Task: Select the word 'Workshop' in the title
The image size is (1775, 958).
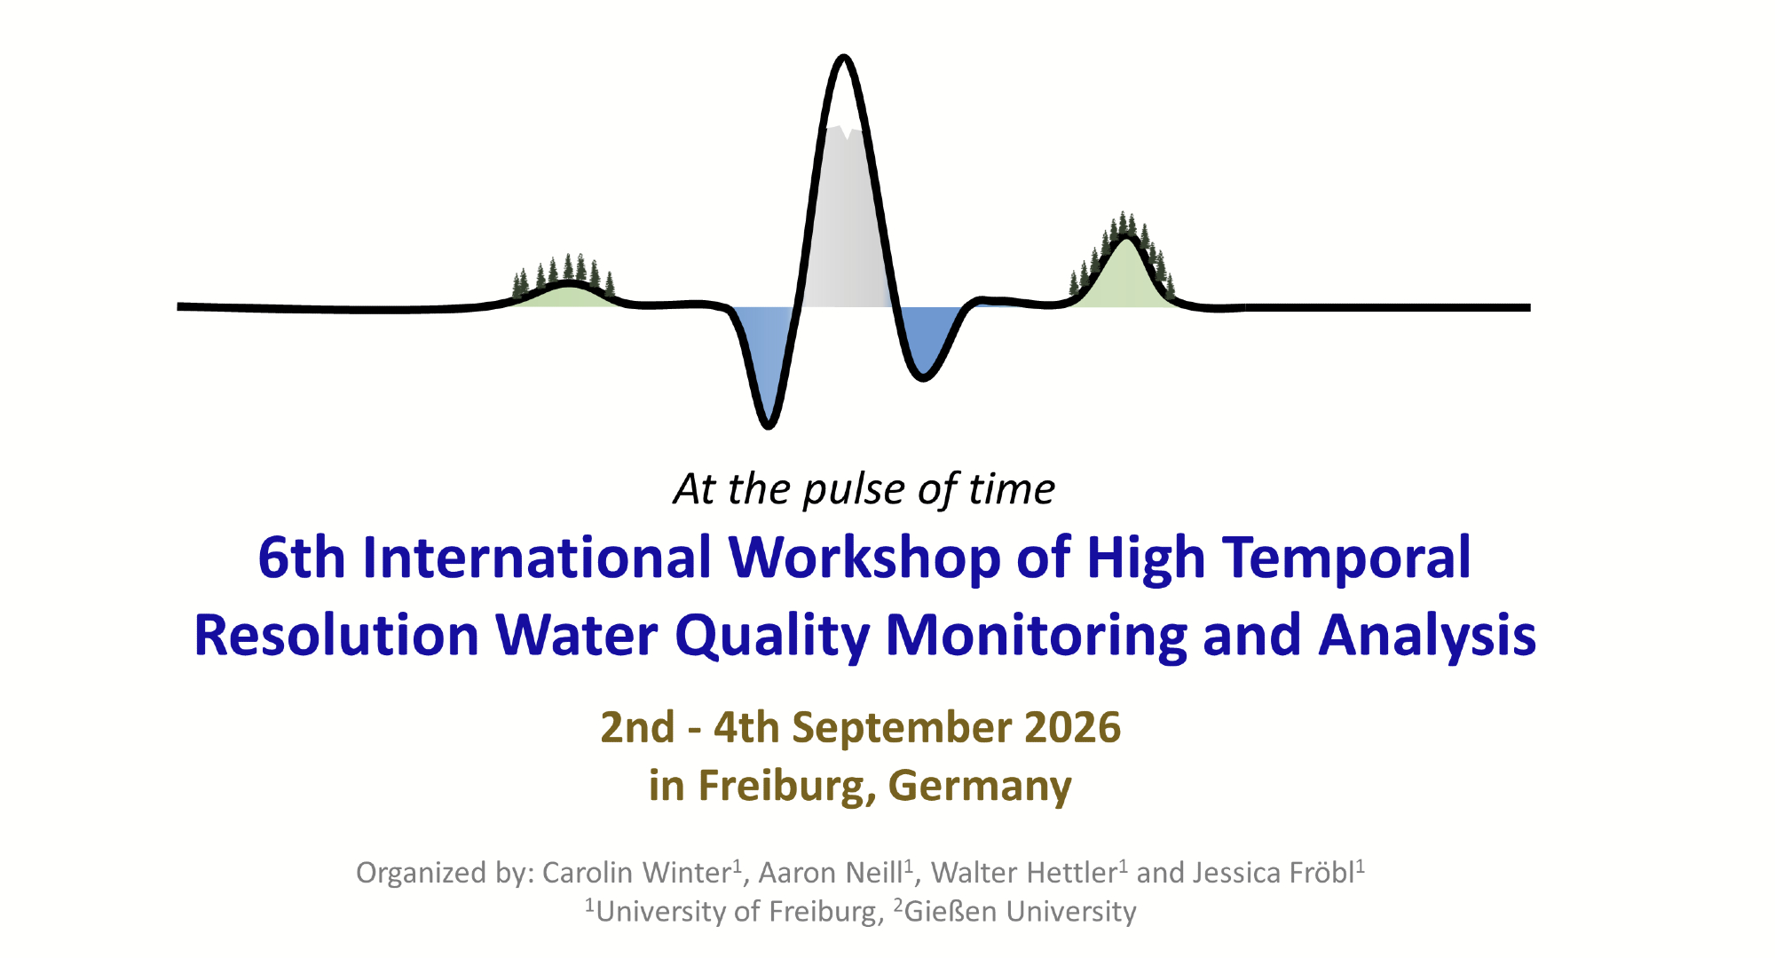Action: point(864,559)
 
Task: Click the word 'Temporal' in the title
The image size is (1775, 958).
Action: point(1346,559)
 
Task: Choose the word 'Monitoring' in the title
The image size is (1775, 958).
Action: point(1036,637)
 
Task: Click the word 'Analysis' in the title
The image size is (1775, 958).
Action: point(1427,637)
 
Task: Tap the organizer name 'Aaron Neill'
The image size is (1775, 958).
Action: point(830,873)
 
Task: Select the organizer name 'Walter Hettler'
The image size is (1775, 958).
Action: point(1023,873)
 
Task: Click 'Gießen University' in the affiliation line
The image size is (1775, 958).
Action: point(1021,912)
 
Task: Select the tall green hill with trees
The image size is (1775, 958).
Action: point(1124,266)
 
